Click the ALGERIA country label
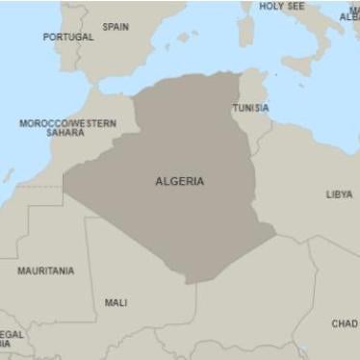click(179, 181)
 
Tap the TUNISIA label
click(250, 108)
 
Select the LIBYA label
click(338, 193)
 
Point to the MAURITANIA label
click(45, 270)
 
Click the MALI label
click(116, 302)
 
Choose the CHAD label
click(344, 323)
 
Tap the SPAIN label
click(116, 27)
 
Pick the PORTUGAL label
click(68, 37)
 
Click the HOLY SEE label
click(281, 6)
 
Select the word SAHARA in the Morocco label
click(65, 133)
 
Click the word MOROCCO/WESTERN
click(67, 123)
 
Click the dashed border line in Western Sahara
click(39, 186)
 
